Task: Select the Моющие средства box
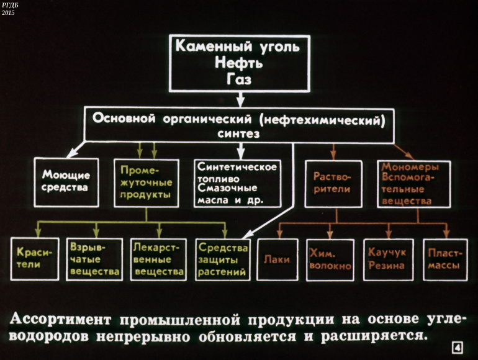point(66,182)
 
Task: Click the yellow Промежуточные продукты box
point(146,182)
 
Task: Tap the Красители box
point(34,259)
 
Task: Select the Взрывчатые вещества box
point(94,259)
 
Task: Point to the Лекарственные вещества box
point(159,259)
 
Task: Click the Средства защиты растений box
point(222,259)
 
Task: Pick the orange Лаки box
point(276,259)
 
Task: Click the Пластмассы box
point(442,259)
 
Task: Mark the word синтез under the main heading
point(238,133)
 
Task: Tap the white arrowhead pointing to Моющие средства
point(72,154)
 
